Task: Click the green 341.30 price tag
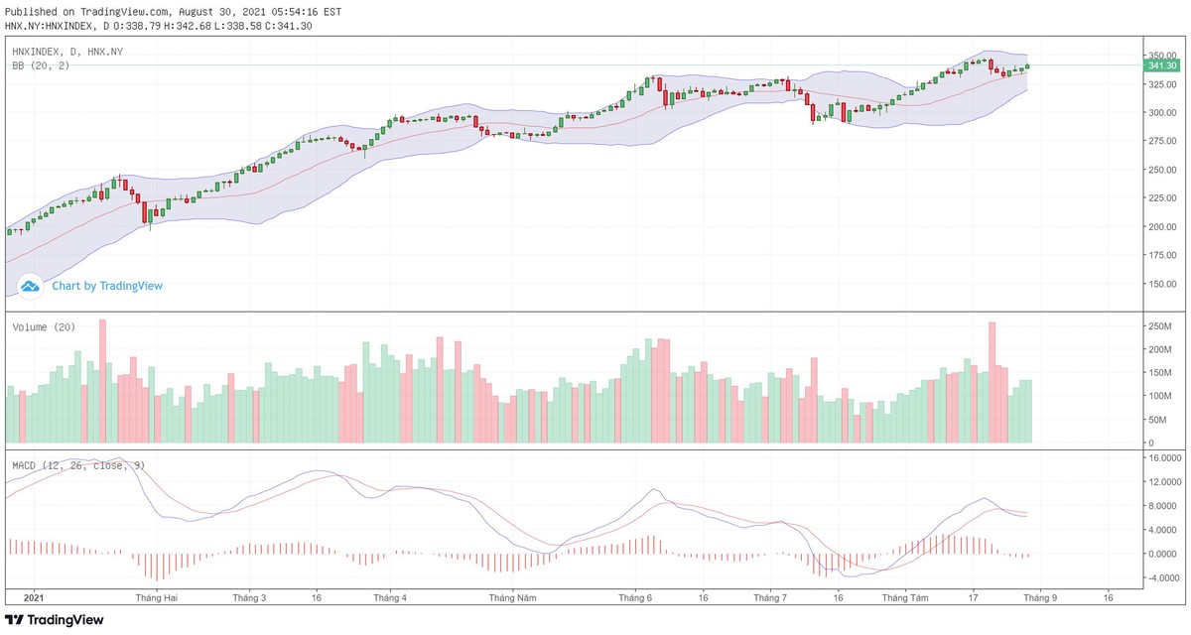point(1161,65)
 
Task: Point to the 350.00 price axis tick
point(1162,56)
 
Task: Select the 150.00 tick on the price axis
point(1162,284)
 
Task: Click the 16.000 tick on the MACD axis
point(1162,458)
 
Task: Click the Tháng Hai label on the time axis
point(157,598)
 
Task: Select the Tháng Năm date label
point(512,598)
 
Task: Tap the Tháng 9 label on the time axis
point(1040,598)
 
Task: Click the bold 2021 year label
point(34,598)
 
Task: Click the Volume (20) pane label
point(44,327)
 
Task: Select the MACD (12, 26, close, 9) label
point(78,464)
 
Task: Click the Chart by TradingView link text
point(107,286)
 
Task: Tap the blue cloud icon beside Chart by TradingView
point(30,286)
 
